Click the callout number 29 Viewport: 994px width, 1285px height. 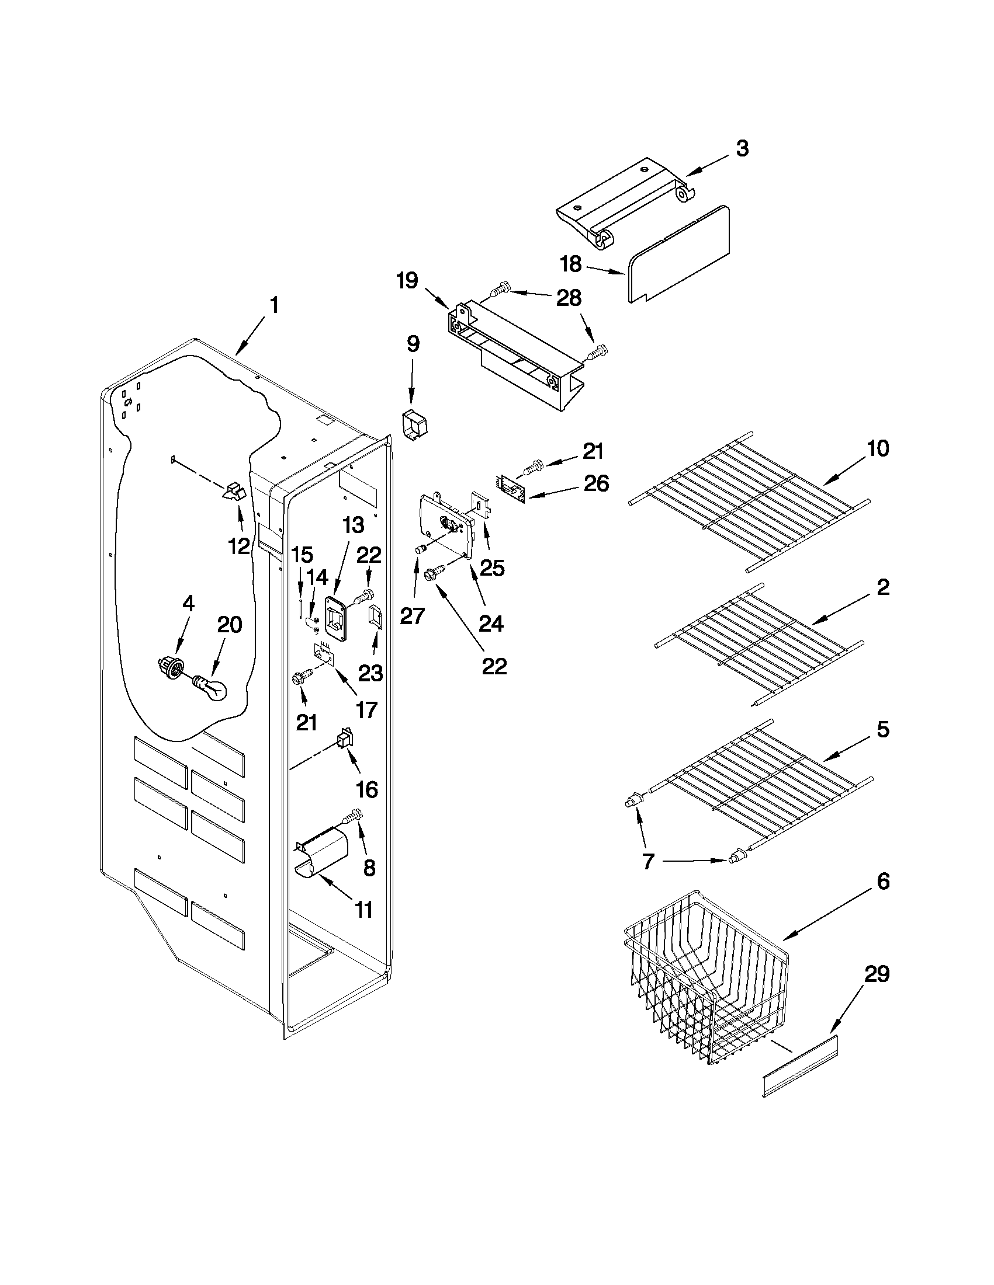(x=876, y=975)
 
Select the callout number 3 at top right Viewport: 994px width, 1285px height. (x=743, y=149)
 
